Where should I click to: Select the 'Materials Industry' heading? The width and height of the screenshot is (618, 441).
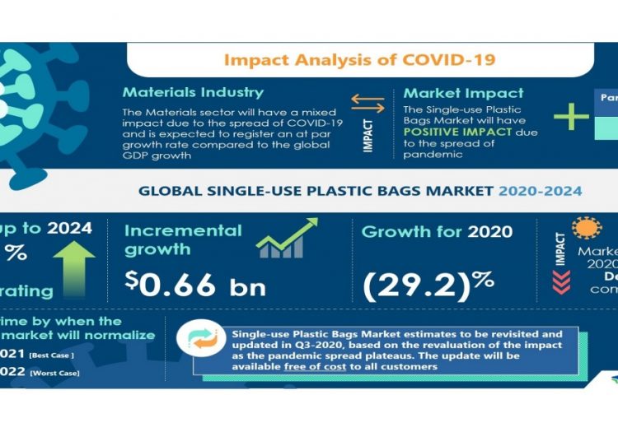(x=193, y=92)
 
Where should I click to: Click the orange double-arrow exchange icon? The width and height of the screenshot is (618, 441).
(x=368, y=103)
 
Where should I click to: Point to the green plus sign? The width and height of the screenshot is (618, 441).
(x=570, y=116)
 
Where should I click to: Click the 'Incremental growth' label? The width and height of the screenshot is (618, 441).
(x=182, y=239)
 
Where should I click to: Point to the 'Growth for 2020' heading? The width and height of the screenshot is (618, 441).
(x=437, y=231)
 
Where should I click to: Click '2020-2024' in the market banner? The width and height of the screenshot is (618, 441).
(x=540, y=191)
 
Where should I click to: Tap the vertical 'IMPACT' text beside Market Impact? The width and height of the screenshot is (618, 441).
(x=368, y=136)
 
